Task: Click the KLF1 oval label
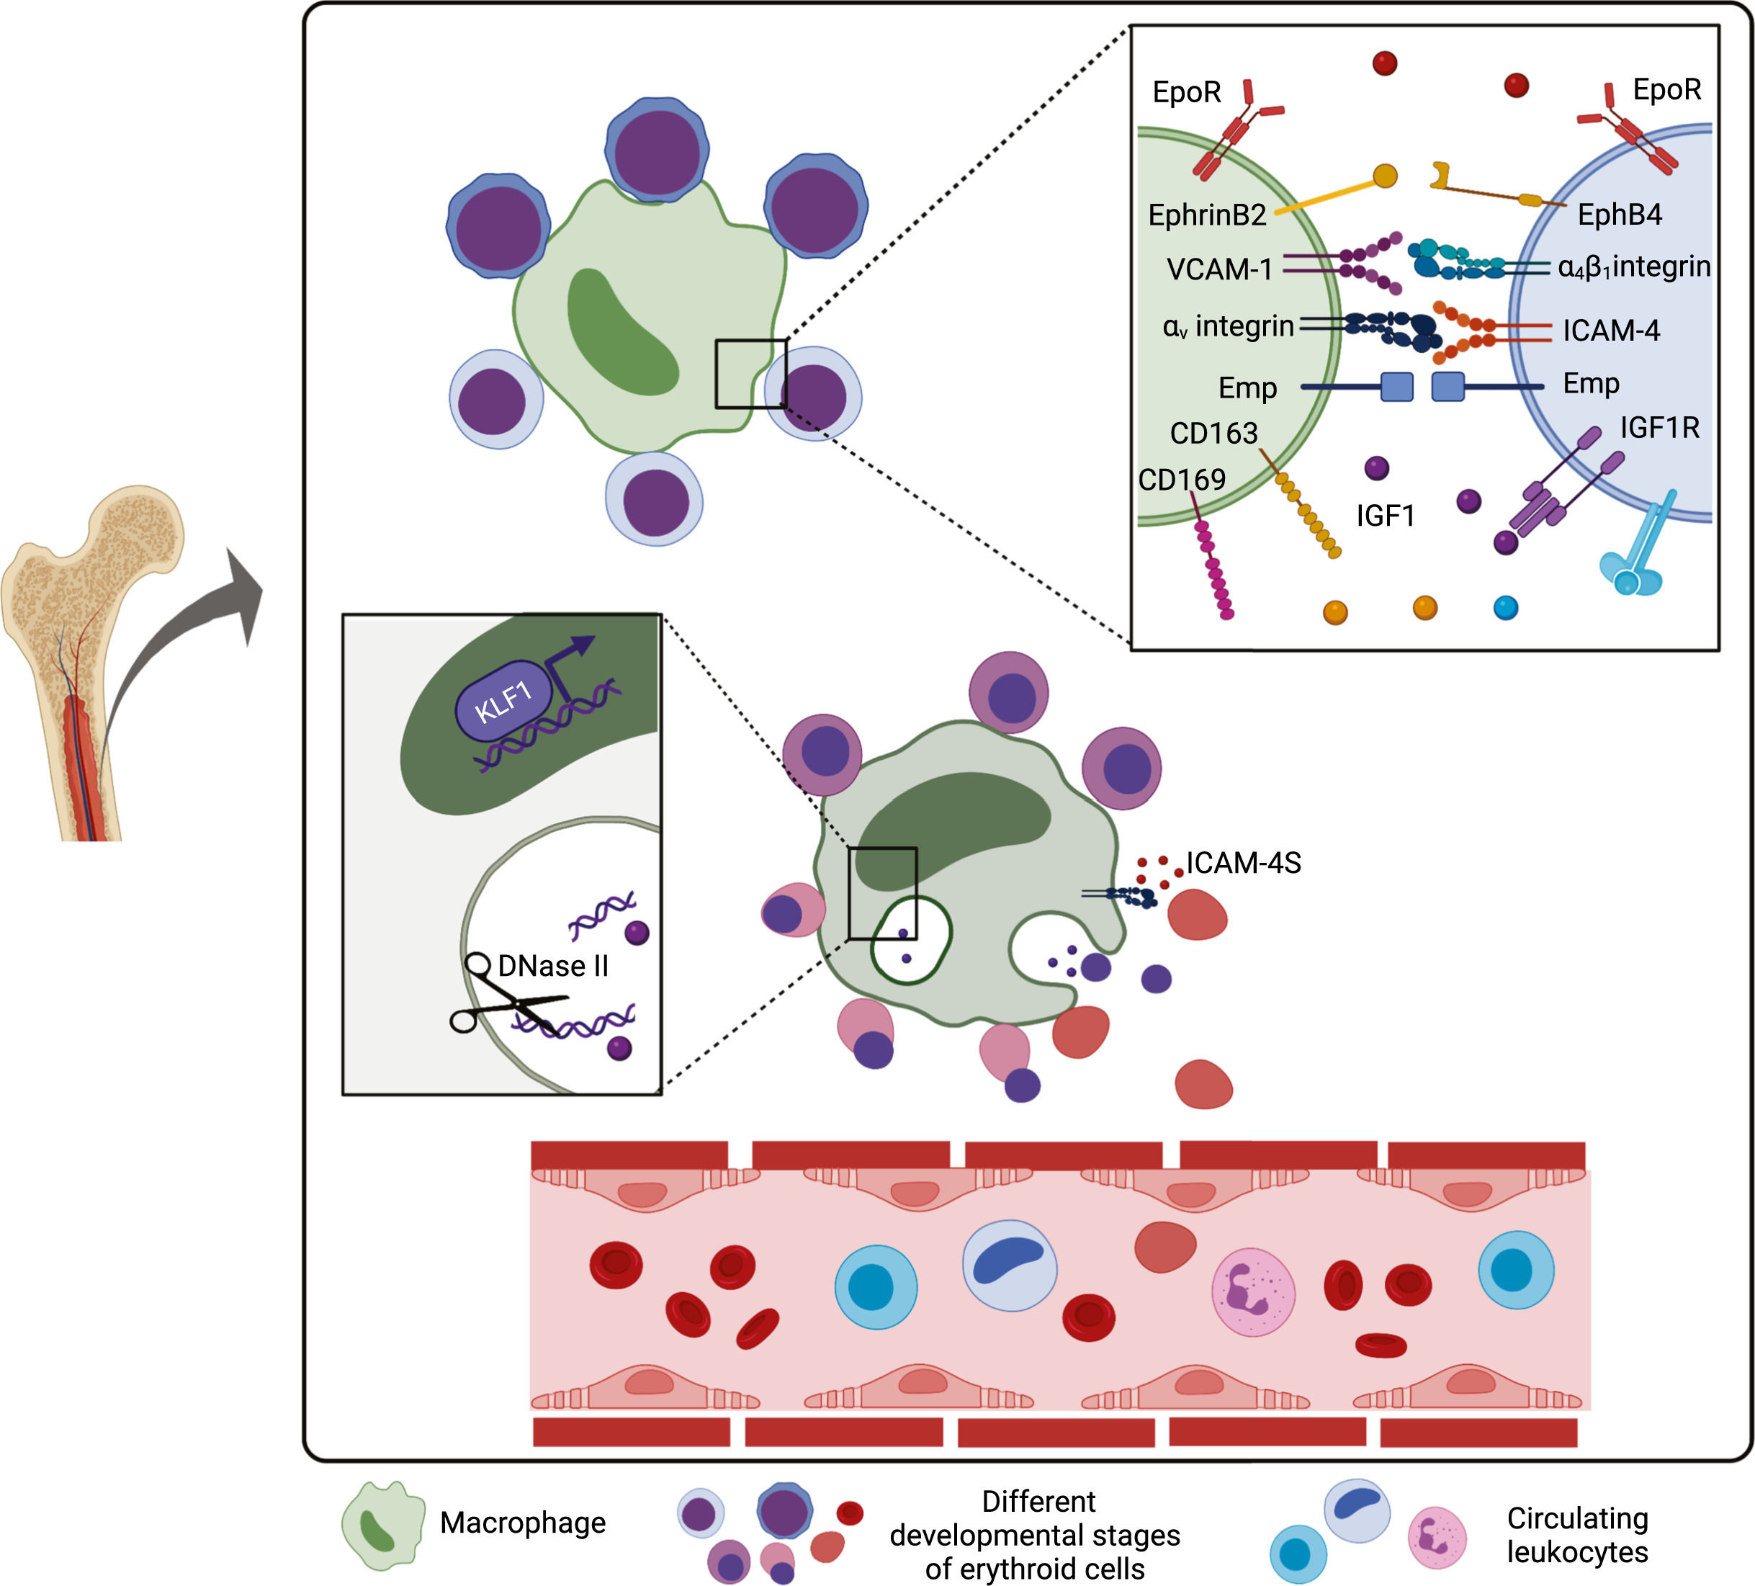click(504, 701)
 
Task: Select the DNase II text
click(553, 967)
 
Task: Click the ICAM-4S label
click(1243, 863)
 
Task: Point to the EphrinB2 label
click(1206, 215)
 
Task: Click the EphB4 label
click(1619, 215)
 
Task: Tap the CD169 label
click(1181, 480)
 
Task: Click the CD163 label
click(1213, 434)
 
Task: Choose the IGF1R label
click(1659, 427)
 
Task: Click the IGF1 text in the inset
click(1385, 516)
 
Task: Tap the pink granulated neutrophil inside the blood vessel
click(1253, 1293)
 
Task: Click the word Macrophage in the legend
click(522, 1523)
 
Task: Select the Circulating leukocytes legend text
click(1576, 1535)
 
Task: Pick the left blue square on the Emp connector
click(1396, 387)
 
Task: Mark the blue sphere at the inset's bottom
click(1505, 608)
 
